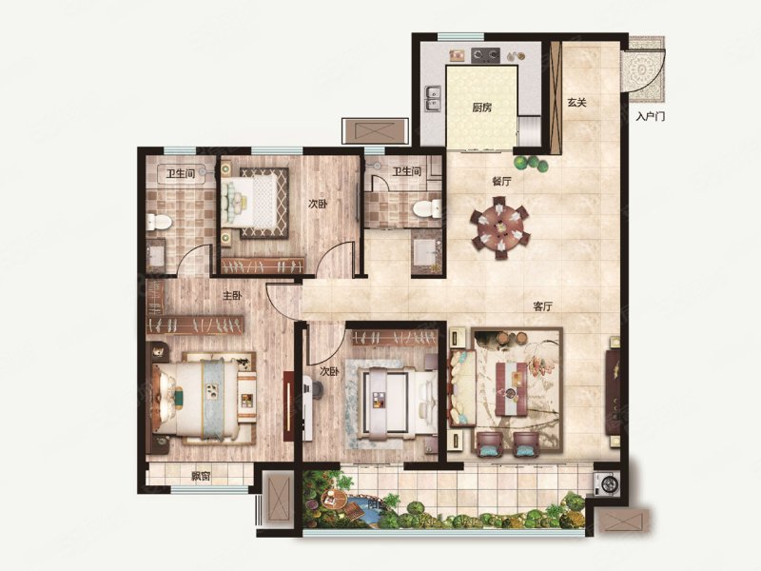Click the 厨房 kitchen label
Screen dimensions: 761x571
click(481, 108)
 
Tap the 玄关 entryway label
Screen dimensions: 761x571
click(577, 103)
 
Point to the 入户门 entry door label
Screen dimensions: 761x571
click(650, 116)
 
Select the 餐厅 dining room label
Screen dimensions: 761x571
click(501, 182)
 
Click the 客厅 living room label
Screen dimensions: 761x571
click(542, 306)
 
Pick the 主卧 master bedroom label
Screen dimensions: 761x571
click(232, 295)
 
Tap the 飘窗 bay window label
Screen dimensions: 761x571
click(201, 476)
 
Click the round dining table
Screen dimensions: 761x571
click(499, 226)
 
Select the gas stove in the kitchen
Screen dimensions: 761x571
click(485, 55)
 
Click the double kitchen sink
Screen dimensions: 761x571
click(432, 99)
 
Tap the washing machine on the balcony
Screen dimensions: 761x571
click(608, 483)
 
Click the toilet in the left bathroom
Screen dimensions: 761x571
click(160, 223)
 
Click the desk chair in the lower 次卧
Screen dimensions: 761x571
click(315, 387)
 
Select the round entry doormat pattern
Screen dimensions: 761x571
click(643, 70)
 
